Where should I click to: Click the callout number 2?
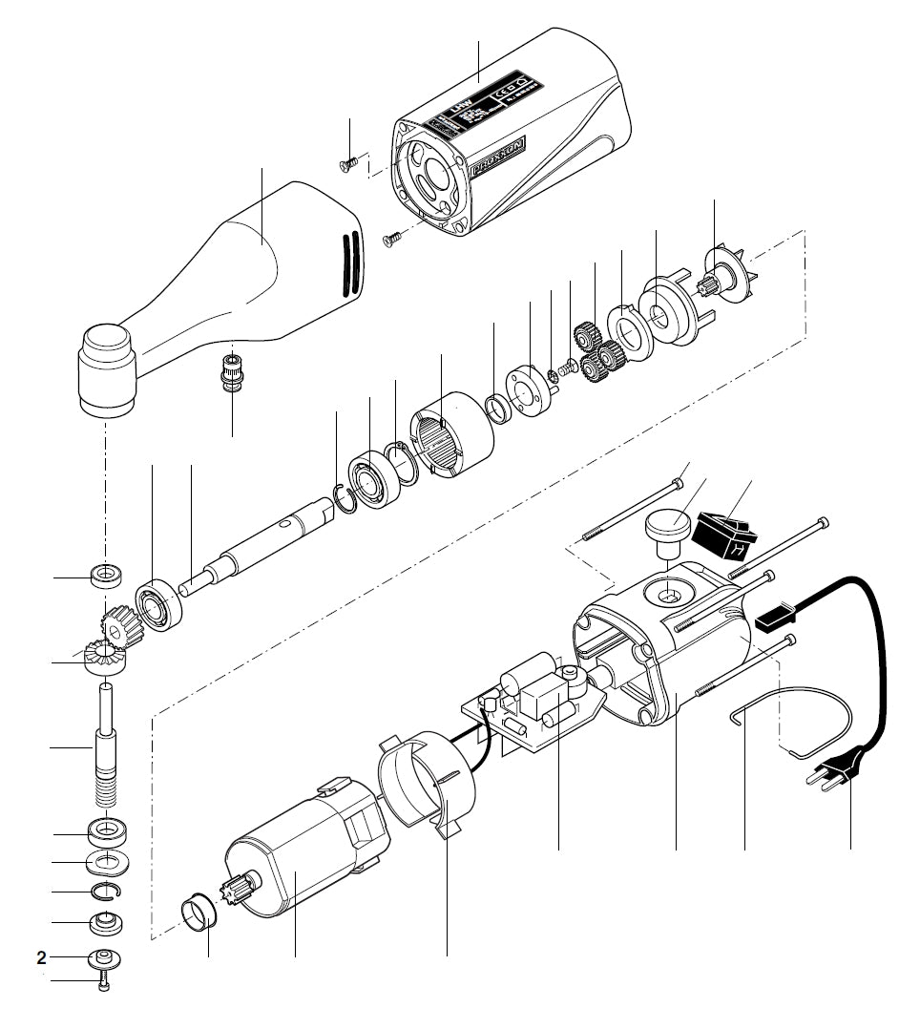tap(41, 956)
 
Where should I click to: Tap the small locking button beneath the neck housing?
tap(229, 371)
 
